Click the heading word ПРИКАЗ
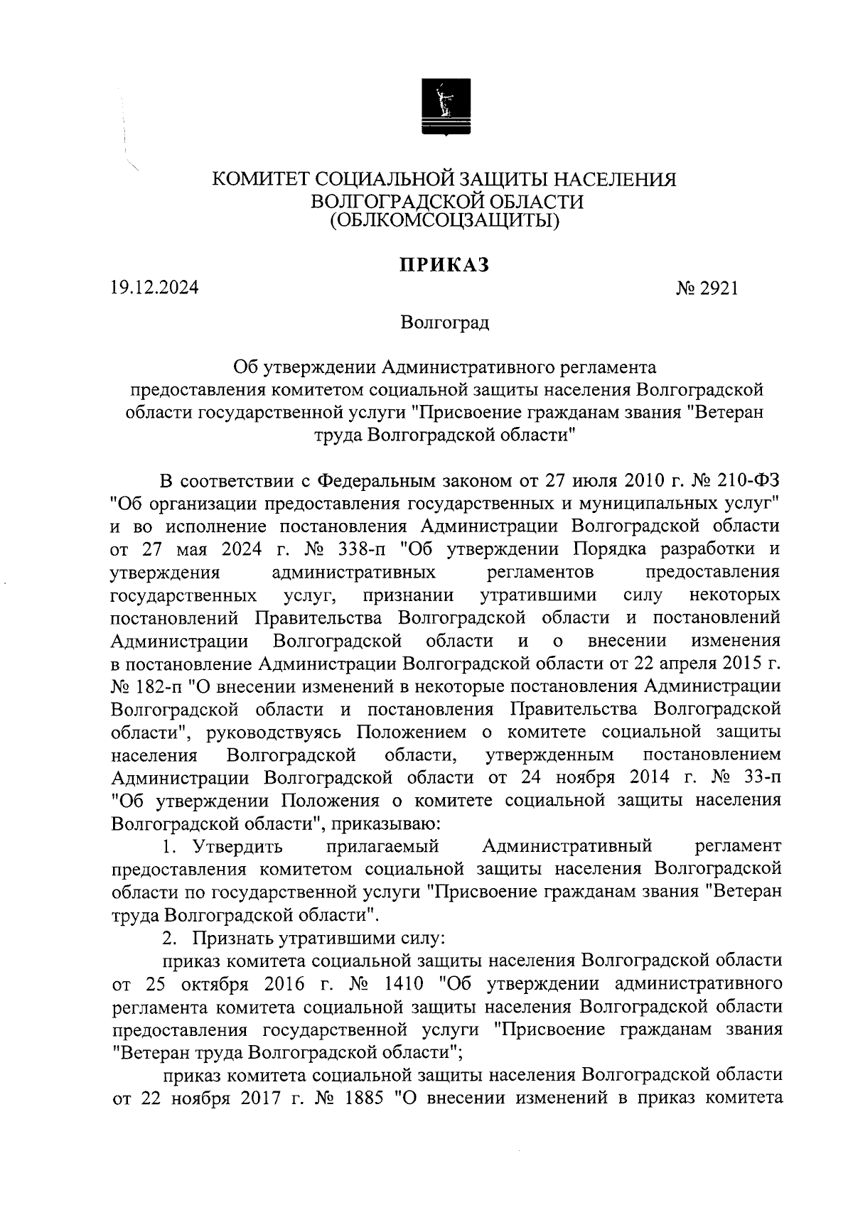point(444,266)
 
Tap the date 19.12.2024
point(154,288)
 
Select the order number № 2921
point(708,288)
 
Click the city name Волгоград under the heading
point(444,324)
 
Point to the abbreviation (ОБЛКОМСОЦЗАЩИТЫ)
point(444,222)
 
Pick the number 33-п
point(759,777)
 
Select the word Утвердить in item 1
point(234,846)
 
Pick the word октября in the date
point(212,984)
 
